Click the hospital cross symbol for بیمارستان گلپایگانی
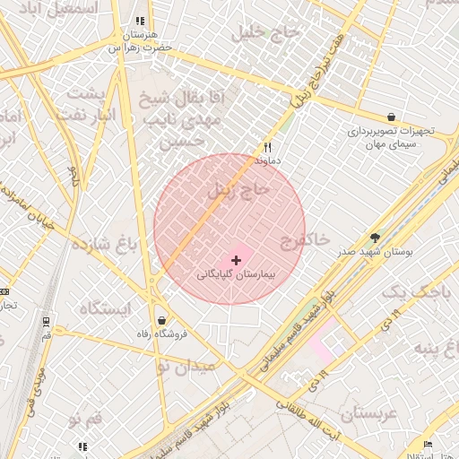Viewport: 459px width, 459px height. coord(236,260)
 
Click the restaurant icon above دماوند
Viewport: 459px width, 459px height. coord(267,147)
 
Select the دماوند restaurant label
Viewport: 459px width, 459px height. coord(267,160)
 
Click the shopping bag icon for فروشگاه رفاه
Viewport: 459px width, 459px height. coord(161,320)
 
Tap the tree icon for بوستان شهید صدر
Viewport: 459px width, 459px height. coord(375,238)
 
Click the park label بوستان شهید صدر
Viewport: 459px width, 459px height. coord(375,252)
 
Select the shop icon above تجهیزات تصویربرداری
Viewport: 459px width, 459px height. coord(391,117)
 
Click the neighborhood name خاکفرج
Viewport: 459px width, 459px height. coord(305,239)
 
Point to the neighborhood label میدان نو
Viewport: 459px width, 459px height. coord(186,366)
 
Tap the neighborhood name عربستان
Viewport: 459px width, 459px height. coord(368,414)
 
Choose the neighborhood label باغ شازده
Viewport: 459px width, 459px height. coord(104,245)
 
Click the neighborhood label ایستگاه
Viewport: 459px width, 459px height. coord(105,307)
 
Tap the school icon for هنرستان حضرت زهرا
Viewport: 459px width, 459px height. coord(139,20)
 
